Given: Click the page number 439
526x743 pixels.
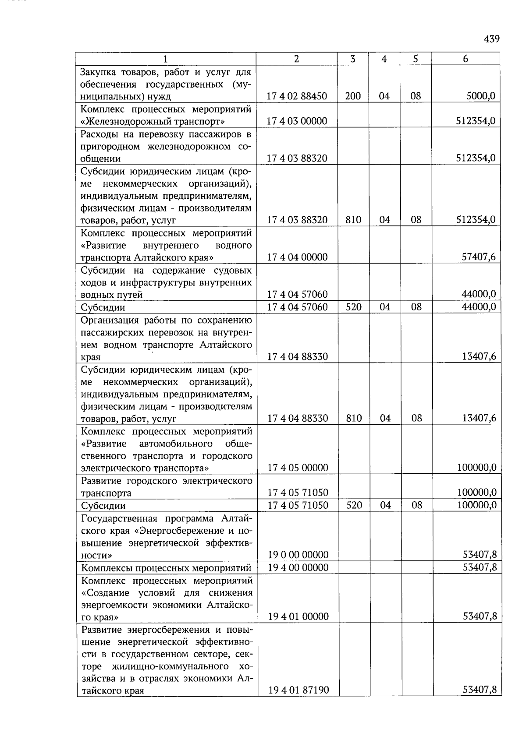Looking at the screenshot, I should (491, 39).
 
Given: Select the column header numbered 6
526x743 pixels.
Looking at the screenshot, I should (466, 59).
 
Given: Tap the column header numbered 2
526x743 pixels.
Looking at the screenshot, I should (297, 59).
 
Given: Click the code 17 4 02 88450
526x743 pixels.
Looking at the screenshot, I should (297, 96).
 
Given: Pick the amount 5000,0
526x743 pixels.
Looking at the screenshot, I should (481, 96).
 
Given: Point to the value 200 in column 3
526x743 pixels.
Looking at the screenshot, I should (353, 96).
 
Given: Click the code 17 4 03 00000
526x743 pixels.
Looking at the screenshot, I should (297, 121).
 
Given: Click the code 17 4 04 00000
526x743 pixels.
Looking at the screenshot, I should (297, 257).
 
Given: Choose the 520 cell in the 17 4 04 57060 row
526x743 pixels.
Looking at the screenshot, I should (353, 307).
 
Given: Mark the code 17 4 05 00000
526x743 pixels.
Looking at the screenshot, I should (298, 468).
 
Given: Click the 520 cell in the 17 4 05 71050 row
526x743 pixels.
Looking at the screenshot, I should (354, 505).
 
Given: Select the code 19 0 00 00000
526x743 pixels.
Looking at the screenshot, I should (298, 555).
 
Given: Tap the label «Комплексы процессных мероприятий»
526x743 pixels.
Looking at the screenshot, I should (167, 568).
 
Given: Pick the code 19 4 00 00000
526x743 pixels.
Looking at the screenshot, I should (298, 567).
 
